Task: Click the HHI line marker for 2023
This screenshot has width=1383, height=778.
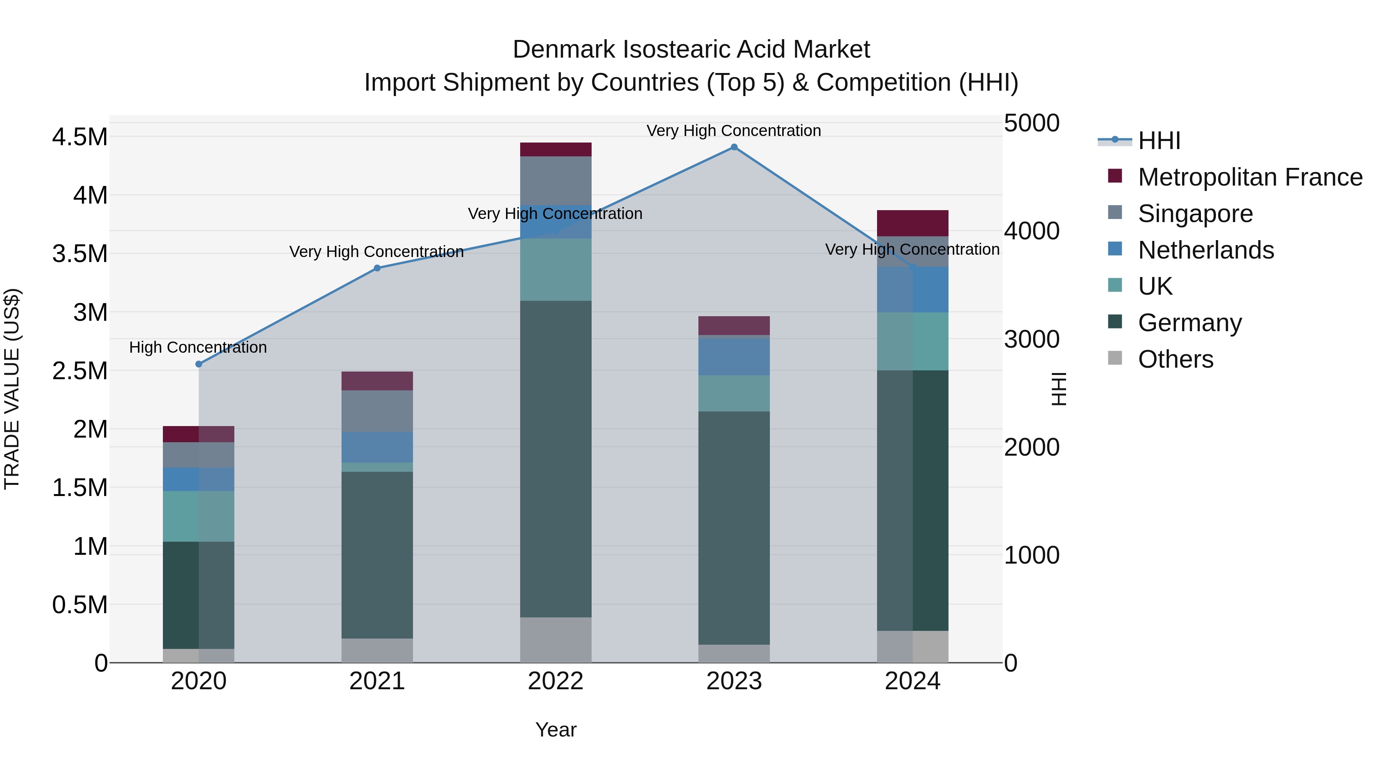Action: tap(734, 147)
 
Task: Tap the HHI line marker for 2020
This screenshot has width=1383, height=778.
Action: tap(199, 364)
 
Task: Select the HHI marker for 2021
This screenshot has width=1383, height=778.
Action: tap(377, 268)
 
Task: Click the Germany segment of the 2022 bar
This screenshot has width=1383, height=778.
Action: tap(556, 459)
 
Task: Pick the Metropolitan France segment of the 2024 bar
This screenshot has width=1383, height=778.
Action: tap(913, 223)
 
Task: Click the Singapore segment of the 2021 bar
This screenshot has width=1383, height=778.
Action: tap(377, 411)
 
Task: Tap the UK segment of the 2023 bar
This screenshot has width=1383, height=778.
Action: tap(734, 393)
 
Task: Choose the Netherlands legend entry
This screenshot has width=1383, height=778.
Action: tap(1205, 250)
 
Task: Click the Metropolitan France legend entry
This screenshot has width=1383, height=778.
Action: tap(1250, 177)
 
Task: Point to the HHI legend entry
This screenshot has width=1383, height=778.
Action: tap(1159, 141)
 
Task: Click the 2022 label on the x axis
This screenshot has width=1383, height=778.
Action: tap(556, 681)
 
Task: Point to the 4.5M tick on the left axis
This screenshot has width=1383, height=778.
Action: tap(80, 137)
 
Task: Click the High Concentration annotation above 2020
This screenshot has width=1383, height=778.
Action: tap(198, 347)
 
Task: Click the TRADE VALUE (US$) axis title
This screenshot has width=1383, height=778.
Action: tap(12, 389)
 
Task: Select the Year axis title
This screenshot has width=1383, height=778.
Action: tap(556, 730)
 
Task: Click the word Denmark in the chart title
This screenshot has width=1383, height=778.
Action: tap(564, 50)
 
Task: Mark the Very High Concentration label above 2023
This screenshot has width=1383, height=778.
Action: tap(733, 131)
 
